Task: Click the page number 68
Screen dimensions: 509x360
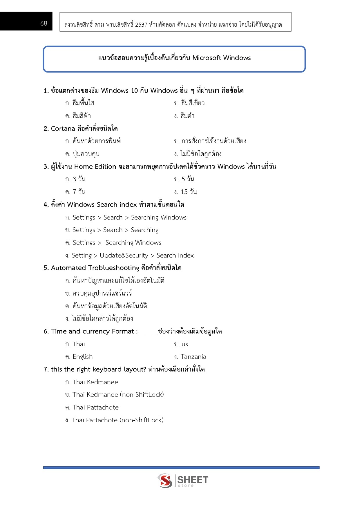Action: (x=44, y=23)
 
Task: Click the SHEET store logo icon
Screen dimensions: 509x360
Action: (x=165, y=480)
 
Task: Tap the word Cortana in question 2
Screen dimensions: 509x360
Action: (x=63, y=128)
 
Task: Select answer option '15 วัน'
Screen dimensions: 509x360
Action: (x=189, y=192)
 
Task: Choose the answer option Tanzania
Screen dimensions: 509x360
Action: (x=193, y=356)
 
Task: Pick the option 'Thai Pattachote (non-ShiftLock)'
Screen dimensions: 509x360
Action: (x=117, y=420)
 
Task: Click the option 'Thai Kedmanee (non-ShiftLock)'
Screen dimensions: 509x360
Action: (x=118, y=394)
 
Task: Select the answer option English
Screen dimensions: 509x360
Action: (x=83, y=356)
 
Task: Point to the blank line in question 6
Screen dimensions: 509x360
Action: (x=147, y=332)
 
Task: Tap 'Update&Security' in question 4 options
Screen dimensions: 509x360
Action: (x=124, y=255)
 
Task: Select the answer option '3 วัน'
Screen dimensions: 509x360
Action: (x=79, y=179)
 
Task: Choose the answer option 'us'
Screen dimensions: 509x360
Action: (x=185, y=344)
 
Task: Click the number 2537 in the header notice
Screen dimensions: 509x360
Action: (x=141, y=25)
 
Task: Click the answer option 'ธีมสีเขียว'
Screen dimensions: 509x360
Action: (x=193, y=103)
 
